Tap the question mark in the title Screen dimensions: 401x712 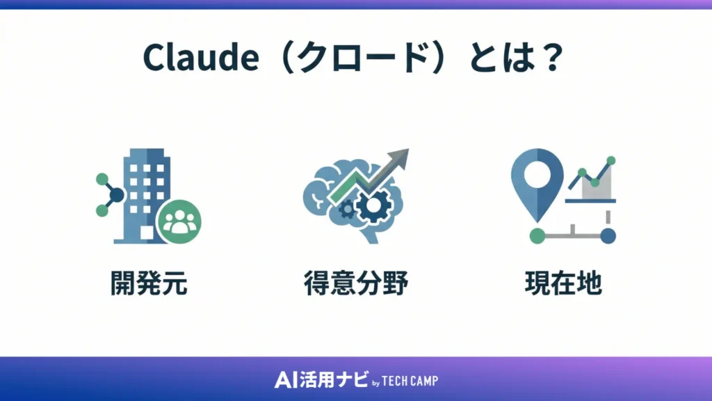click(551, 58)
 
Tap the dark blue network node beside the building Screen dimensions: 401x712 click(116, 195)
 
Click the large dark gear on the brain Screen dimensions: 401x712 click(373, 206)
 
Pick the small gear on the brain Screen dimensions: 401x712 click(346, 207)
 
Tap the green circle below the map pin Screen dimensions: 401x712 click(537, 235)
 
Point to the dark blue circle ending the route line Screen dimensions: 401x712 click(608, 235)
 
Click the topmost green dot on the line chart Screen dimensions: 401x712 click(611, 161)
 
